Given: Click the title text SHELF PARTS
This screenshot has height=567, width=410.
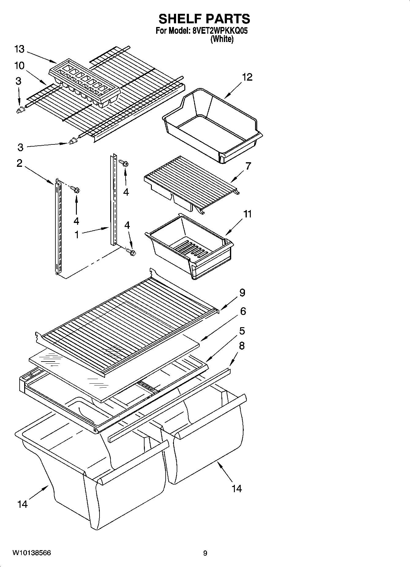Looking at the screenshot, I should (204, 19).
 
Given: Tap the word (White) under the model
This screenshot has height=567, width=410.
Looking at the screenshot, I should (222, 39).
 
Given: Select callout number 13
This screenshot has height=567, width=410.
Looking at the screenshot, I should (19, 49).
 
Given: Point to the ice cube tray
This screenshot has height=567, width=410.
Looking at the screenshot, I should (84, 81).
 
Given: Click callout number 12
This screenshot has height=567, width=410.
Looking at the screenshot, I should (247, 77).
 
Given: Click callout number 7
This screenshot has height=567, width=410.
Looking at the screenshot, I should (248, 166).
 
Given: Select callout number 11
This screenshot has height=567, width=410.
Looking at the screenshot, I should (247, 214).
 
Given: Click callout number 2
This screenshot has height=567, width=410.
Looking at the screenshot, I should (19, 163).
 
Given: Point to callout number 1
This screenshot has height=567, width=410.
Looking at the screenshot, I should (77, 235).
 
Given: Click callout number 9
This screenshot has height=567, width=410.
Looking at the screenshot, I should (242, 293).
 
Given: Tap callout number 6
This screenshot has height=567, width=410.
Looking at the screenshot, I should (243, 311).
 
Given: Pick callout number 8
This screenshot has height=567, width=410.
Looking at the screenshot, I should (242, 346).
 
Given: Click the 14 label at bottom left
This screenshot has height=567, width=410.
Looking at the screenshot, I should (22, 504).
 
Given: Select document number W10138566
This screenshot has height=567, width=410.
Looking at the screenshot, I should (32, 553).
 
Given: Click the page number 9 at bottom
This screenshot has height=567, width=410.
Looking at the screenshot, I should (205, 553).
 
